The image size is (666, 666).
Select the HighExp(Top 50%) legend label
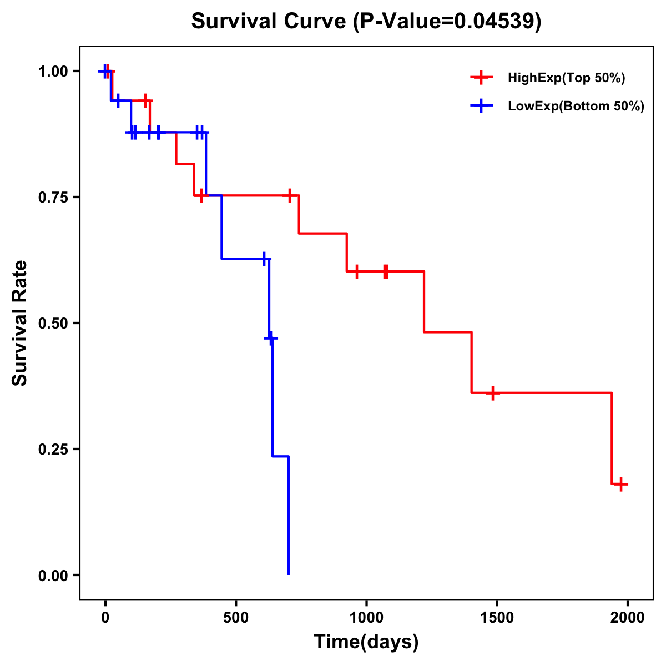tap(566, 78)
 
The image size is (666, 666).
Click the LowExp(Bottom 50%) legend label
tap(576, 107)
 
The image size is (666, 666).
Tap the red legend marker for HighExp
tap(481, 78)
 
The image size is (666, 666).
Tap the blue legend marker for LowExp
tap(481, 106)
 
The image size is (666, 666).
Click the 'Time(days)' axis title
tap(366, 642)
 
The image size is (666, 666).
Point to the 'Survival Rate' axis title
tap(20, 323)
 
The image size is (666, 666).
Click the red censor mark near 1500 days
tap(492, 393)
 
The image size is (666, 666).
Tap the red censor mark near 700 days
tap(289, 195)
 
